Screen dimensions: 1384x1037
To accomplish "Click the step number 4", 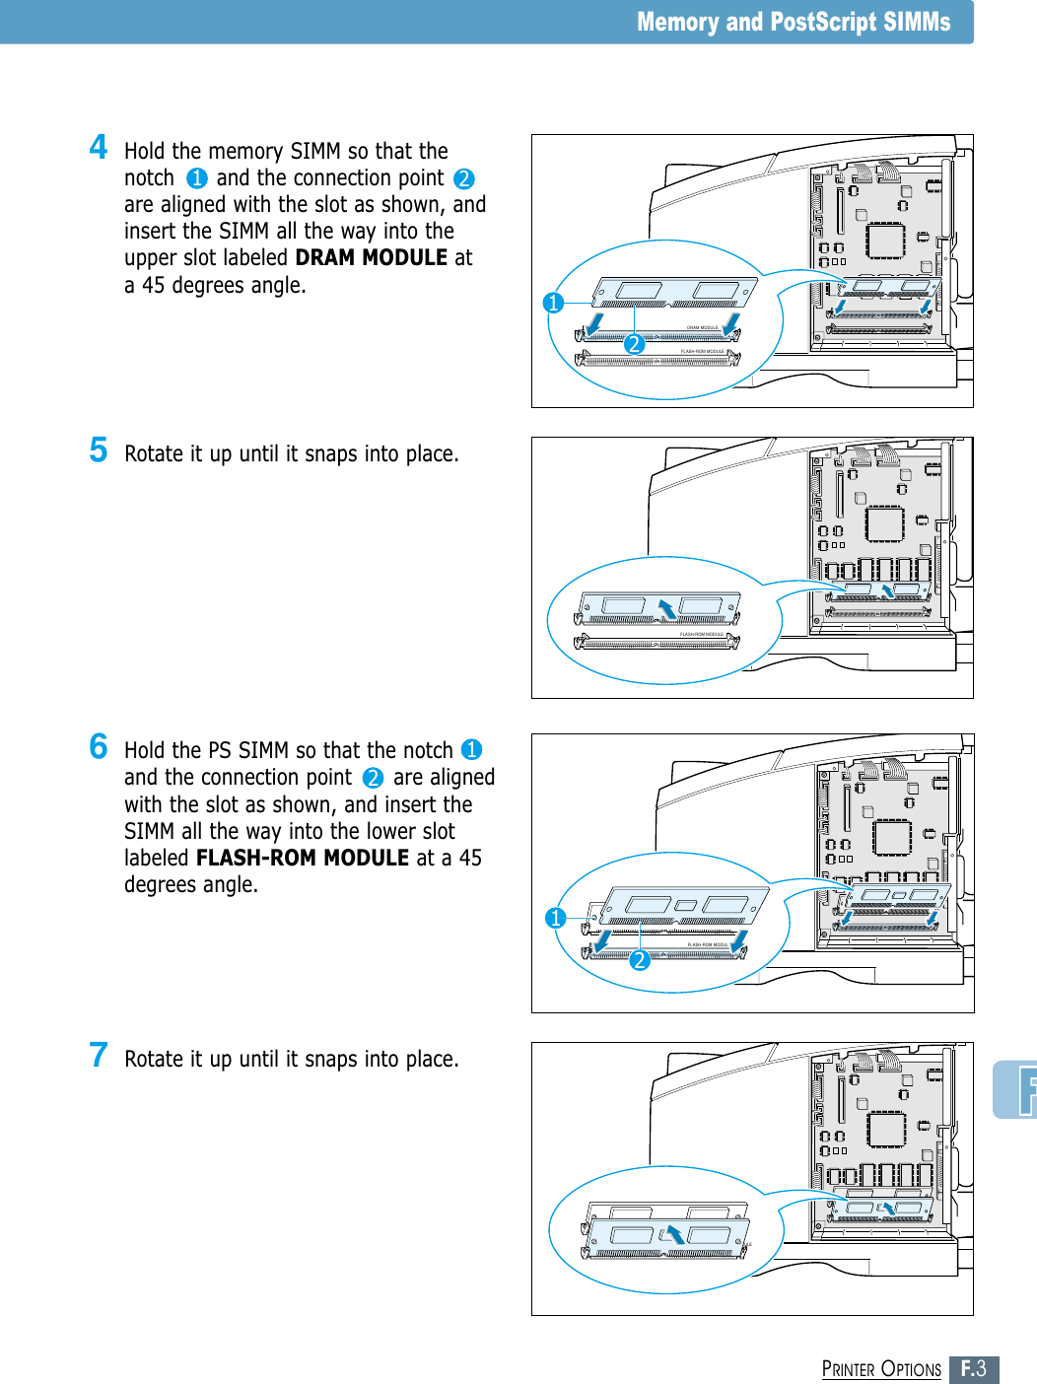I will coord(99,147).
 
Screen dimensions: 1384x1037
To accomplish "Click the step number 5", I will coord(99,450).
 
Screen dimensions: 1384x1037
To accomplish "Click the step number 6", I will coord(99,746).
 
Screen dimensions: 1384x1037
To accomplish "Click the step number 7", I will coord(99,1055).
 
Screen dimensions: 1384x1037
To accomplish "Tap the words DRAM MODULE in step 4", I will coord(372,258).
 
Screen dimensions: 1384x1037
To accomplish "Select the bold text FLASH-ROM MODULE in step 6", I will coord(303,859).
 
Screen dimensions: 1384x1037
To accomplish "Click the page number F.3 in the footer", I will coord(974,1369).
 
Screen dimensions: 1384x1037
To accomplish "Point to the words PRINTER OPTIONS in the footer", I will coord(881,1369).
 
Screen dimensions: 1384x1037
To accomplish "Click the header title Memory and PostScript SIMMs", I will coord(794,22).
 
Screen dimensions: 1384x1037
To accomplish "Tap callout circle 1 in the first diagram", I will coord(553,303).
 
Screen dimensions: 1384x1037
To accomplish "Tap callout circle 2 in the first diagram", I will coord(634,344).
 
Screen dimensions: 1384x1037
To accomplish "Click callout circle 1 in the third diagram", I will coord(556,918).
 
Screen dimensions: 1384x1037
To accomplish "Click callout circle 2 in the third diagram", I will coord(640,959).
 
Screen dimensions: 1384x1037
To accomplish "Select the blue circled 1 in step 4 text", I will coord(197,178).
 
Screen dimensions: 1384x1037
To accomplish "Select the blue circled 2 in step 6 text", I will coord(373,778).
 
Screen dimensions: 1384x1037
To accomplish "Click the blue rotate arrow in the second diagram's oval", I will coord(668,609).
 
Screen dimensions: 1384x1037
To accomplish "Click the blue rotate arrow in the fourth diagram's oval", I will coord(675,1234).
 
